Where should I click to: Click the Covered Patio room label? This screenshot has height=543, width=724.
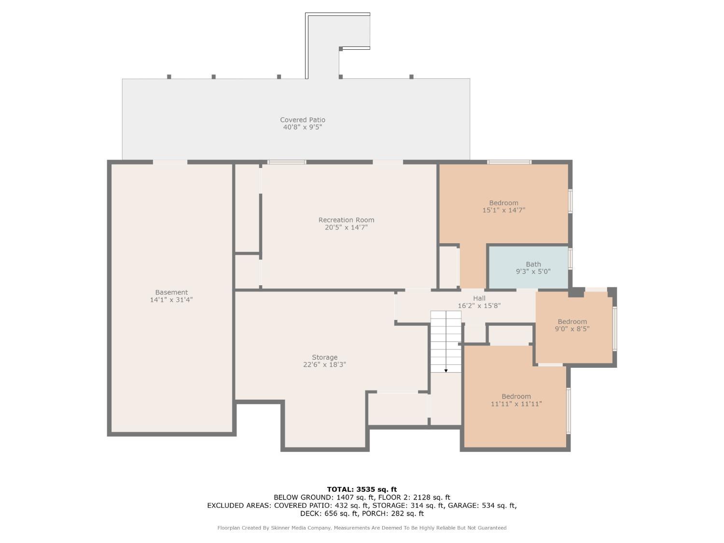click(x=303, y=120)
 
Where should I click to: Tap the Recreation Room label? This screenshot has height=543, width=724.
click(x=346, y=220)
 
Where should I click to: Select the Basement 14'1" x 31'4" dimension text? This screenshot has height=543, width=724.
click(x=171, y=300)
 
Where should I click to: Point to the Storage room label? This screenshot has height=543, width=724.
click(x=324, y=357)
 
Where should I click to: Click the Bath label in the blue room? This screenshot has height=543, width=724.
click(x=533, y=264)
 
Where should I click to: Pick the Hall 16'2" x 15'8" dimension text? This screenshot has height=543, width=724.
click(x=479, y=306)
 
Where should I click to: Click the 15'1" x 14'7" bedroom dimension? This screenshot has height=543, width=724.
click(x=504, y=210)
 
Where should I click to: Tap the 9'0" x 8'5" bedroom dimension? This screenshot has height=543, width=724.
click(x=572, y=329)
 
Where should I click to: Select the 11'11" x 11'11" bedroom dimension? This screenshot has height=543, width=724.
click(x=516, y=404)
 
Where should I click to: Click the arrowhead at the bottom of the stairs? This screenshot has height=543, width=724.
click(x=446, y=371)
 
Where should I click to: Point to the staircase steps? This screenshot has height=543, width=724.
click(x=446, y=342)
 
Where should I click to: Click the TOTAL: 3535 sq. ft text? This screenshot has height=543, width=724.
click(x=362, y=489)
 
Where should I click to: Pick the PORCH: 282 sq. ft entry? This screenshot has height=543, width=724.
click(x=393, y=514)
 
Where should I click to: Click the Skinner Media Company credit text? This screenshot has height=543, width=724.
click(x=301, y=528)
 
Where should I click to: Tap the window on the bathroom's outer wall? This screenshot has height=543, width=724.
click(x=571, y=259)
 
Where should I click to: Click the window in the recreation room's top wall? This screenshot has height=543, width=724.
click(x=286, y=162)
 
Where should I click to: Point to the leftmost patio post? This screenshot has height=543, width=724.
click(x=169, y=77)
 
